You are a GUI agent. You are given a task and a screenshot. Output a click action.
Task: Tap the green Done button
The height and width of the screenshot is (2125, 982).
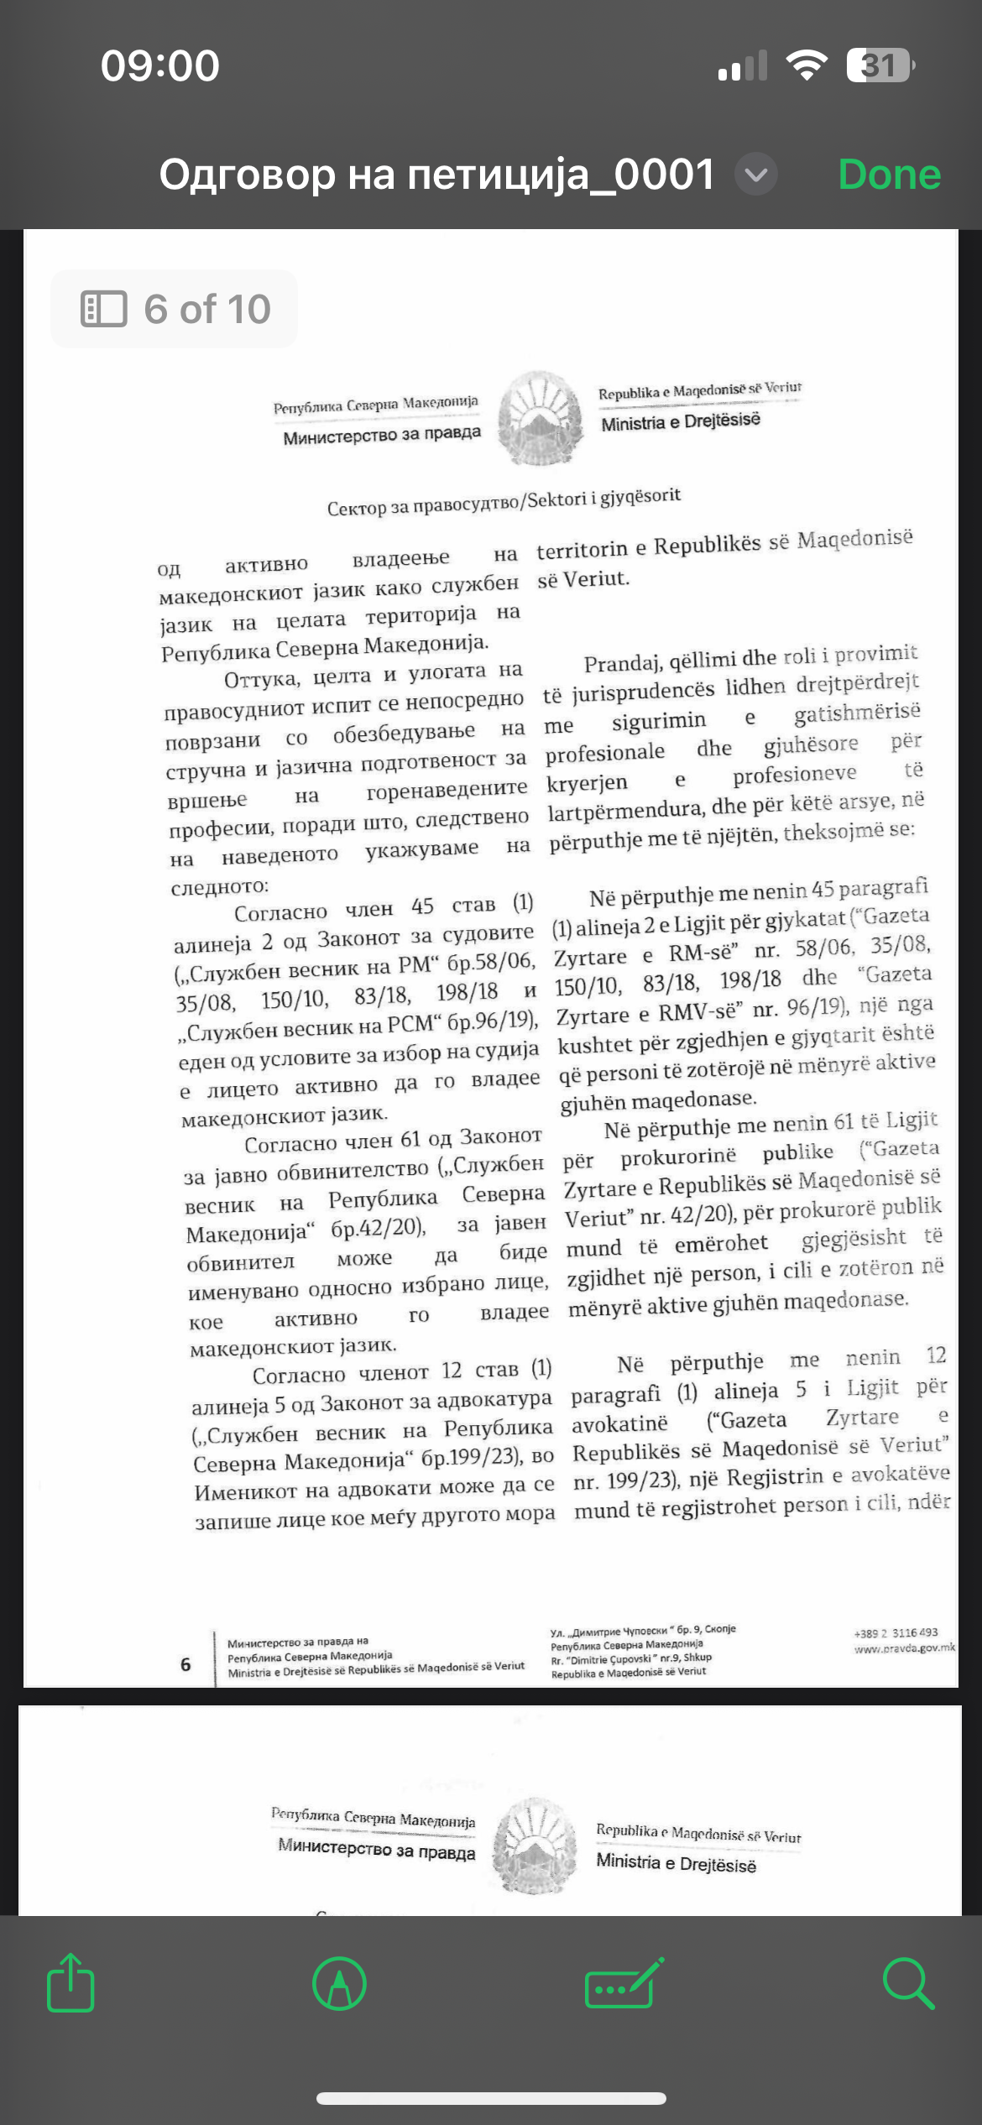point(889,175)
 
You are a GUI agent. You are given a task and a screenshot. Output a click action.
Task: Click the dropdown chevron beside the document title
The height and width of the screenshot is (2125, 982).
point(756,175)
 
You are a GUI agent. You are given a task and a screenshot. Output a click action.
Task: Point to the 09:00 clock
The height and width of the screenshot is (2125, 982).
point(160,65)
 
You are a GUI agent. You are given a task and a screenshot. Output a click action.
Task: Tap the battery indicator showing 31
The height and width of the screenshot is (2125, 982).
point(880,65)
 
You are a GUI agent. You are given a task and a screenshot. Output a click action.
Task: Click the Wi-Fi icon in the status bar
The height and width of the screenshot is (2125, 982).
point(806,65)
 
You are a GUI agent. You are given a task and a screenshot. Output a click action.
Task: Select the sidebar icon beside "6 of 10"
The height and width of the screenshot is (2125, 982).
point(103,309)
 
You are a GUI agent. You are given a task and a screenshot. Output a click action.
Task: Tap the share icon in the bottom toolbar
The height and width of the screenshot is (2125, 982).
point(71,1983)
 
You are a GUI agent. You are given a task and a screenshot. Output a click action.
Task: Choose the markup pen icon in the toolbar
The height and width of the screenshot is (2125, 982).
point(339,1983)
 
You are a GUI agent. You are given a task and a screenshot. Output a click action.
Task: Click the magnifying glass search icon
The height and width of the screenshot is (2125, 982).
point(908,1983)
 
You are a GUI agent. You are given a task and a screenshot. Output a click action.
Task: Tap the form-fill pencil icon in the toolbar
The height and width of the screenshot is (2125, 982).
point(624,1983)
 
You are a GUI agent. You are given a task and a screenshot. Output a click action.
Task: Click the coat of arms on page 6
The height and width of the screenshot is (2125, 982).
point(540,418)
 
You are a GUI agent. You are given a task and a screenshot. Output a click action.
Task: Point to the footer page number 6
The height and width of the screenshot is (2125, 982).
point(185,1664)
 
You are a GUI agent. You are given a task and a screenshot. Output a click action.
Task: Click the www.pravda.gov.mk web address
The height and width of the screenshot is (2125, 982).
point(904,1648)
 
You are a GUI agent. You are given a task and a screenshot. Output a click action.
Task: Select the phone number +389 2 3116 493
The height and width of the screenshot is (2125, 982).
point(896,1632)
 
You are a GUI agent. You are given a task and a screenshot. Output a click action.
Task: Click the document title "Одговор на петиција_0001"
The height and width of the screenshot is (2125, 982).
point(436,175)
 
